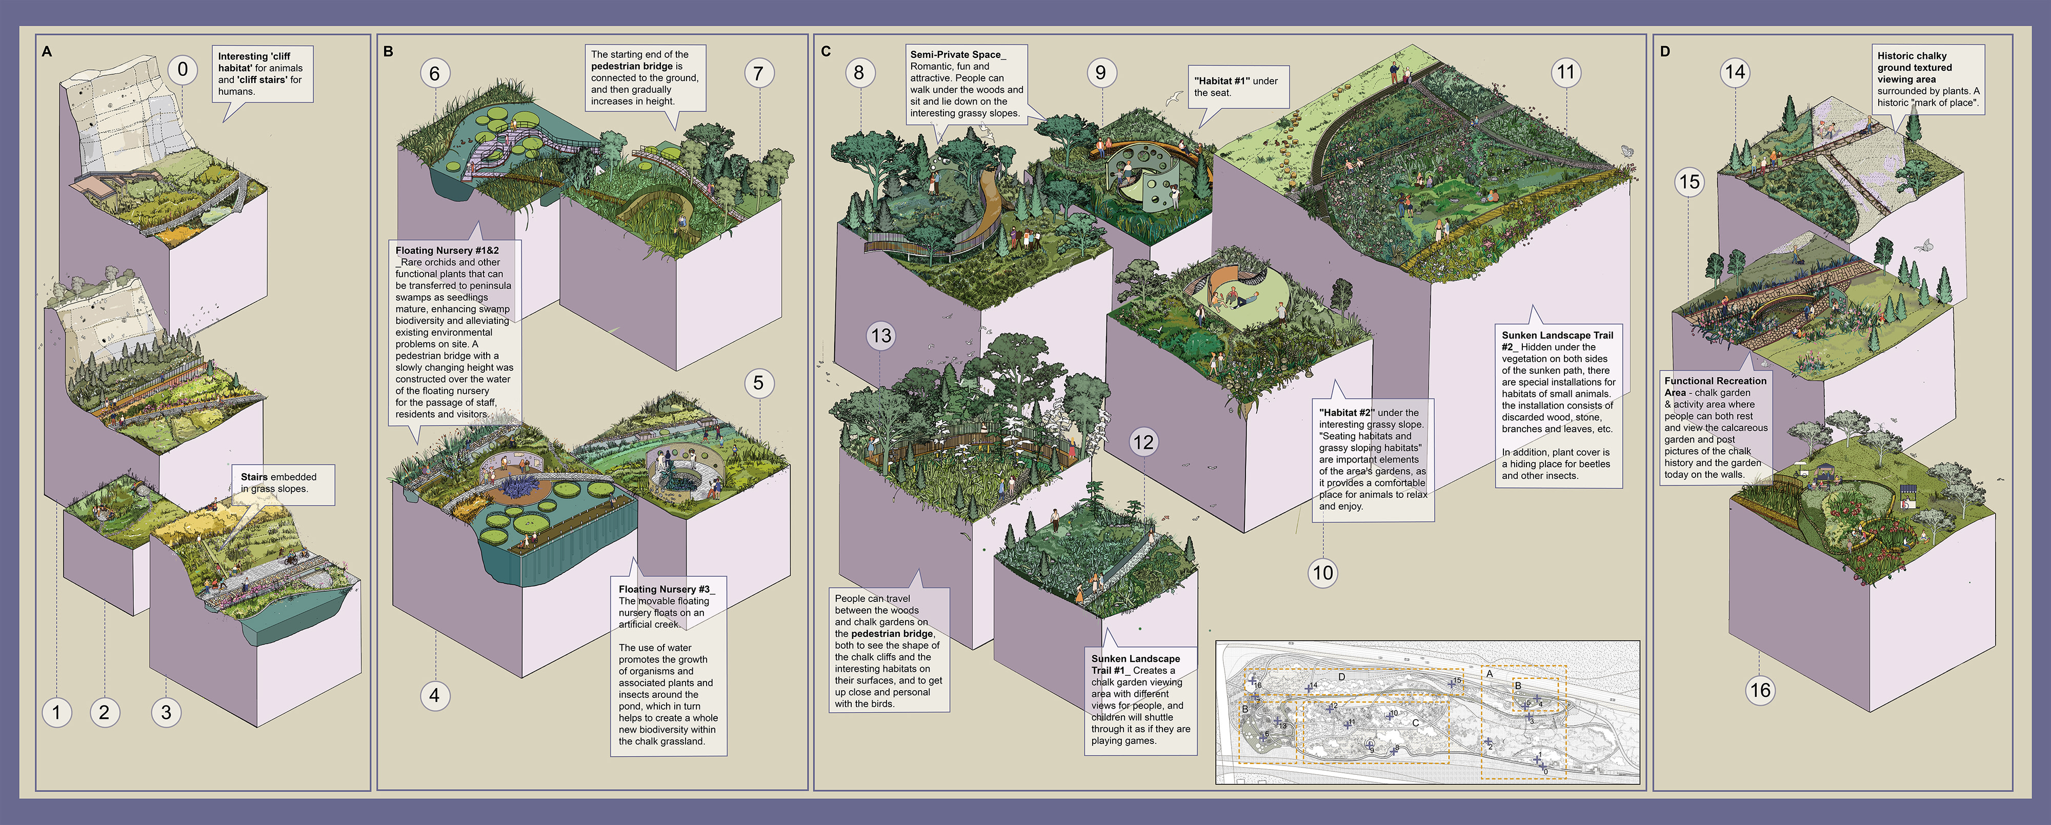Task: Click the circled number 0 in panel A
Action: pyautogui.click(x=183, y=69)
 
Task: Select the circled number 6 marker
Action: pyautogui.click(x=435, y=73)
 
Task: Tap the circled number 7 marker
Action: pyautogui.click(x=758, y=73)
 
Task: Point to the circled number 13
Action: pyautogui.click(x=880, y=335)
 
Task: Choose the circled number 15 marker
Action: pyautogui.click(x=1688, y=182)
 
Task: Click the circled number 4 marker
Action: pyautogui.click(x=435, y=695)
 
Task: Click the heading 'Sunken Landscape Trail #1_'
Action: pyautogui.click(x=1135, y=664)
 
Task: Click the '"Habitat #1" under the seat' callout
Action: pyautogui.click(x=1236, y=86)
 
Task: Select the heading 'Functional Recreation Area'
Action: pyautogui.click(x=1715, y=386)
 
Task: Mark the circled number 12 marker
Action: pyautogui.click(x=1142, y=442)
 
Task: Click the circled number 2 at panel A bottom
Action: pyautogui.click(x=104, y=712)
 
